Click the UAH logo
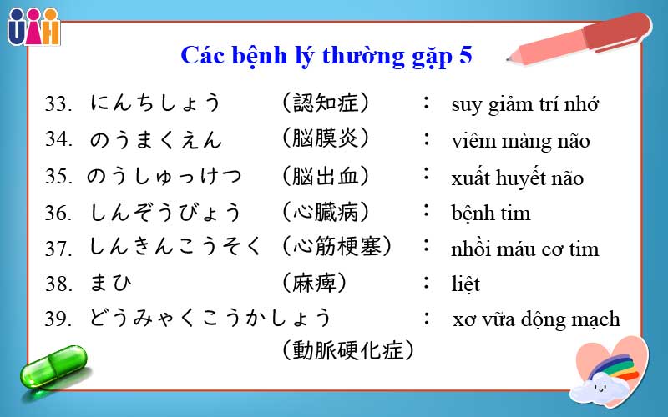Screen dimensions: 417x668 click(x=33, y=26)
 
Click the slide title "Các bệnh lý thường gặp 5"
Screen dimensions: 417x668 click(x=326, y=56)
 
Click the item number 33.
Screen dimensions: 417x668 click(x=61, y=104)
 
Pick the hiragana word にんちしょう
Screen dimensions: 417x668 click(x=156, y=103)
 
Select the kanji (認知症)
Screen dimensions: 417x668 click(x=326, y=103)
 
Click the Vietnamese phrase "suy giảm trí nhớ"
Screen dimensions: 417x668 click(x=525, y=105)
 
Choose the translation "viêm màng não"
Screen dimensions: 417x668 click(x=520, y=141)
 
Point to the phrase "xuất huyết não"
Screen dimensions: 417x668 click(x=517, y=178)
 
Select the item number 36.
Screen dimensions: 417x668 click(x=61, y=213)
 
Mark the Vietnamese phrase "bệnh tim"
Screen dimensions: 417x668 click(x=490, y=214)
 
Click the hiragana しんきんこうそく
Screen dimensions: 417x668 click(x=176, y=248)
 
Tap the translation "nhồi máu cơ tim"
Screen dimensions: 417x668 click(x=524, y=249)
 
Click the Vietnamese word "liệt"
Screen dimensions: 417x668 click(x=465, y=284)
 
